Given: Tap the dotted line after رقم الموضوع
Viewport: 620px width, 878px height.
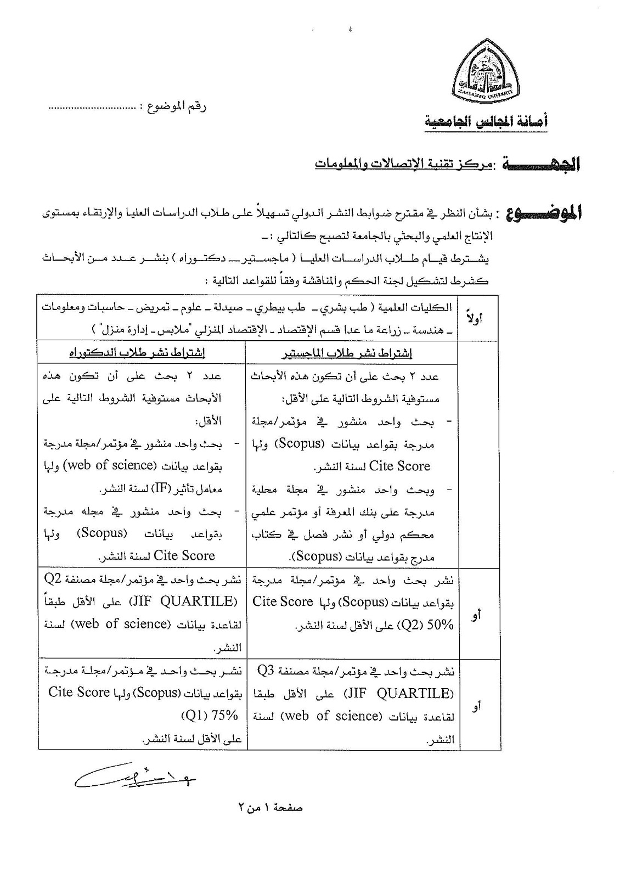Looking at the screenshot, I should [92, 108].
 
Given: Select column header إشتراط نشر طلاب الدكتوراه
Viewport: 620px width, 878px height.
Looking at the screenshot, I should [137, 353].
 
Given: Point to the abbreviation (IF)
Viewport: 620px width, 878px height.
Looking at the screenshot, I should [161, 488].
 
